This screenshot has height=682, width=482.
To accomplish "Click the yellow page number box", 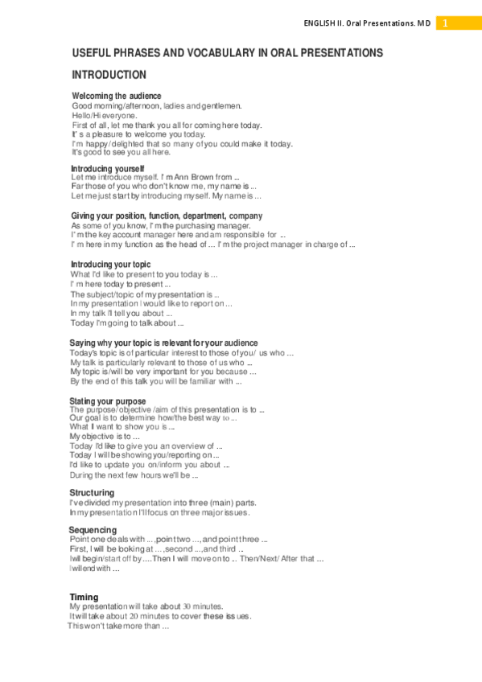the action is click(445, 23).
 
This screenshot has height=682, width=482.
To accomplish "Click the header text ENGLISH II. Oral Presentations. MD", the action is click(367, 24).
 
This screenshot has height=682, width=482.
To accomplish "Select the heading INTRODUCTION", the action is click(109, 75).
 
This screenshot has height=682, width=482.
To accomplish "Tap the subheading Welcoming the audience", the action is click(116, 97).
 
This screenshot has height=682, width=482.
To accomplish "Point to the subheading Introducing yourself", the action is click(107, 168).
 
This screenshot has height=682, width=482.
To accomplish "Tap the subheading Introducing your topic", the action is click(110, 265).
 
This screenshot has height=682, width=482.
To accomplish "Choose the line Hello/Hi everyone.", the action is click(104, 116).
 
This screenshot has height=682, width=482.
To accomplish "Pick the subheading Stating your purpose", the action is click(107, 401).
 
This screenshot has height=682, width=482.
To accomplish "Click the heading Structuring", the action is click(92, 492).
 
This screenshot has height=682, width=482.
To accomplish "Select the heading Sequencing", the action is click(93, 530).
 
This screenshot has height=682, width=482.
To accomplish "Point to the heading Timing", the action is click(84, 597).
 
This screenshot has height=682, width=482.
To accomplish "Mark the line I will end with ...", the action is click(95, 569).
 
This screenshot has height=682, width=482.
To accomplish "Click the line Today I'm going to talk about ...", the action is click(121, 323).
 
